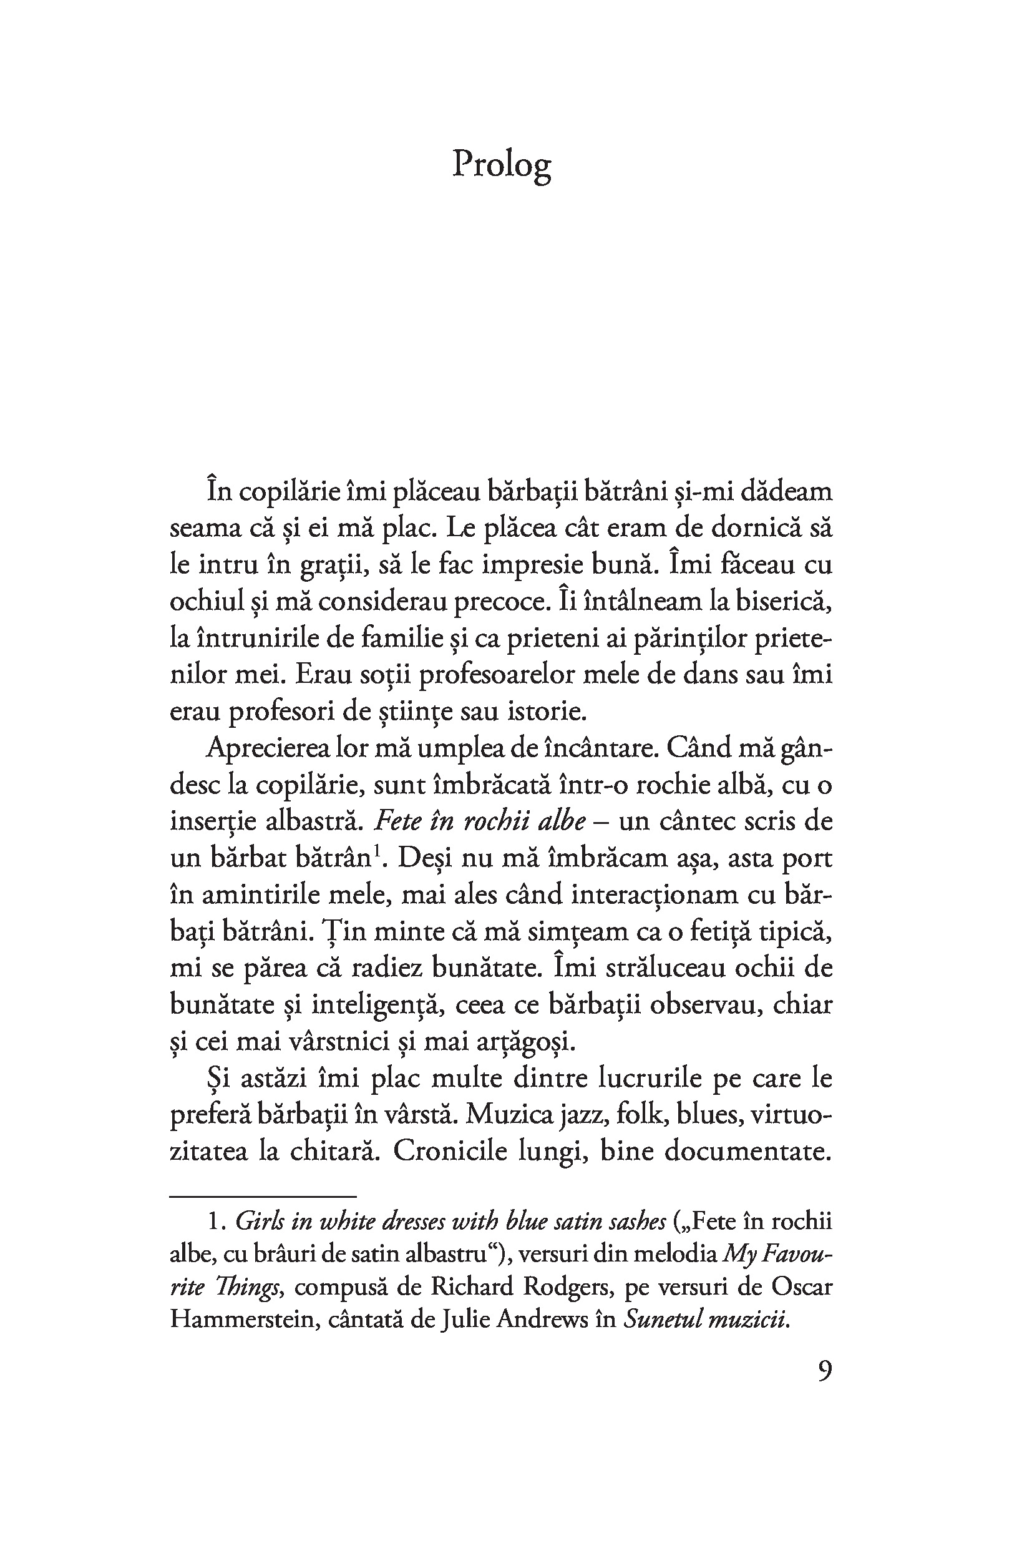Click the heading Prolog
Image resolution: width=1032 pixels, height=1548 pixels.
(502, 165)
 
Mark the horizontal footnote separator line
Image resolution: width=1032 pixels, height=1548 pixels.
(263, 1196)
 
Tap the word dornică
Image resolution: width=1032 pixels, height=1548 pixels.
(744, 529)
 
